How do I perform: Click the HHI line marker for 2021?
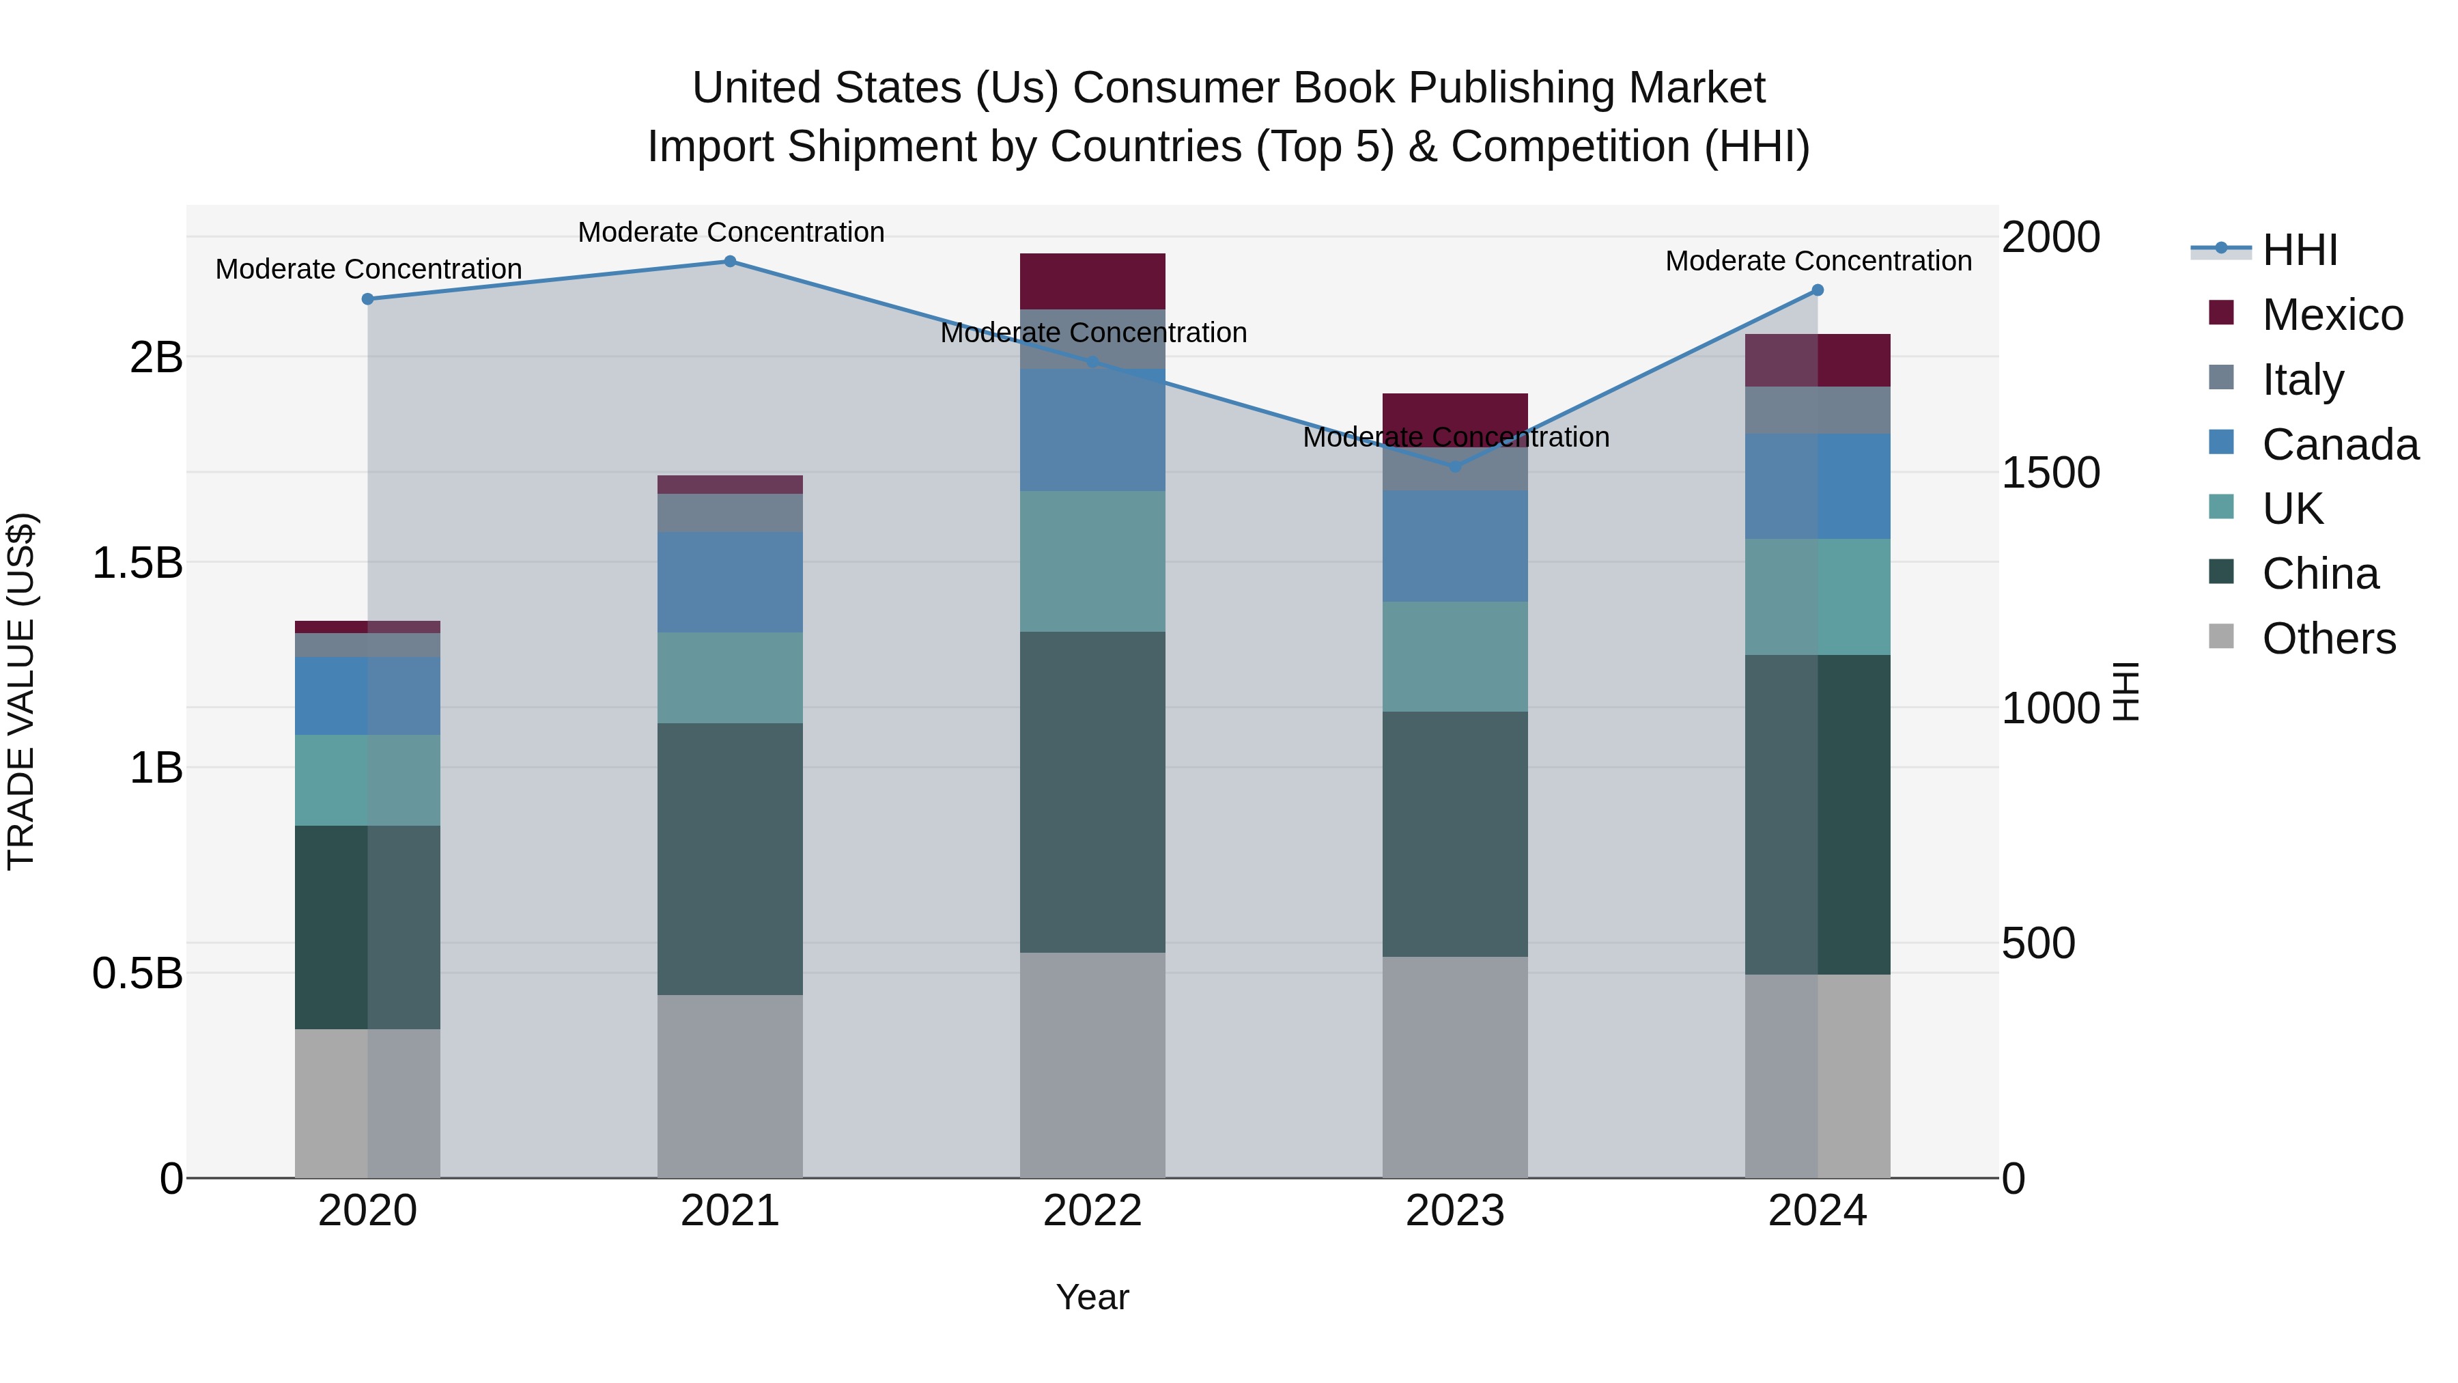pyautogui.click(x=730, y=261)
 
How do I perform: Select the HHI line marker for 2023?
pyautogui.click(x=1455, y=466)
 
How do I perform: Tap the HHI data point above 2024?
pyautogui.click(x=1817, y=290)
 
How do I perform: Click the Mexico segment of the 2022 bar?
pyautogui.click(x=1092, y=281)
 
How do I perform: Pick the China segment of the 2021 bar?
pyautogui.click(x=730, y=859)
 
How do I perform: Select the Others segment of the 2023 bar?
pyautogui.click(x=1455, y=1067)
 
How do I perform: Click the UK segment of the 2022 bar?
pyautogui.click(x=1092, y=561)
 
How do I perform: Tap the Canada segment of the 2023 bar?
pyautogui.click(x=1455, y=546)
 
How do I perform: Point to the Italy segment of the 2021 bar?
pyautogui.click(x=730, y=512)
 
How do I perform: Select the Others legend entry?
pyautogui.click(x=2328, y=639)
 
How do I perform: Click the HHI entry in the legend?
pyautogui.click(x=2299, y=250)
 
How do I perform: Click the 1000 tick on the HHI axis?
pyautogui.click(x=2050, y=708)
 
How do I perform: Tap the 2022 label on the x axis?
pyautogui.click(x=1092, y=1211)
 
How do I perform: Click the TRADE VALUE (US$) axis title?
pyautogui.click(x=21, y=691)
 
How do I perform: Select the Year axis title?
pyautogui.click(x=1092, y=1297)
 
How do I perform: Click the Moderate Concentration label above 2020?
pyautogui.click(x=368, y=269)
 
